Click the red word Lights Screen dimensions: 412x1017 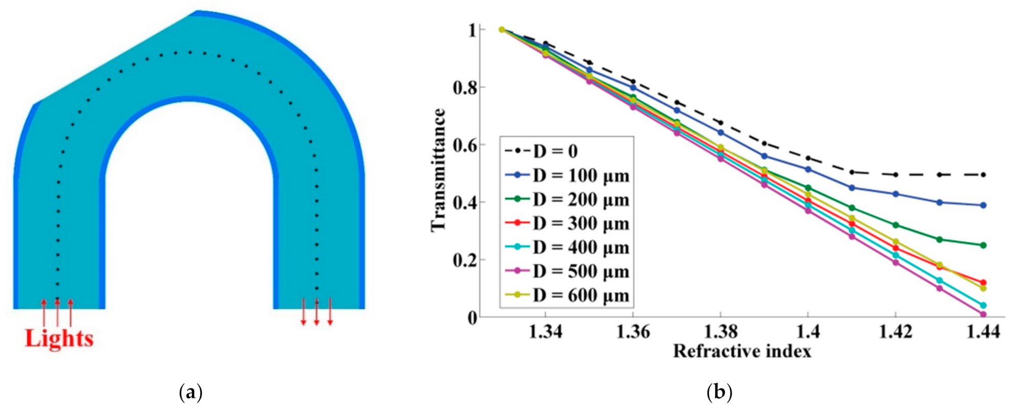59,339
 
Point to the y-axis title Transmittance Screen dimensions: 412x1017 439,170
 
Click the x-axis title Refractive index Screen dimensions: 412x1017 742,352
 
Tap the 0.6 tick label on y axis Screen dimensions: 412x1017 465,145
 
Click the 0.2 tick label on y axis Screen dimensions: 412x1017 465,260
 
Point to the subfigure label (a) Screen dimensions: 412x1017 191,393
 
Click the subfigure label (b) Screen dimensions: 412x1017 719,393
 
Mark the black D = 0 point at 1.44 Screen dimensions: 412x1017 983,175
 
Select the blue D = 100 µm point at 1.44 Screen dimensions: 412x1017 983,205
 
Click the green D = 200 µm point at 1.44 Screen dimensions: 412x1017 983,245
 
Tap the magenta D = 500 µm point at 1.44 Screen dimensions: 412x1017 983,314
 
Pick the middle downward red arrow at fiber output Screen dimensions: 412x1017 317,312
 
